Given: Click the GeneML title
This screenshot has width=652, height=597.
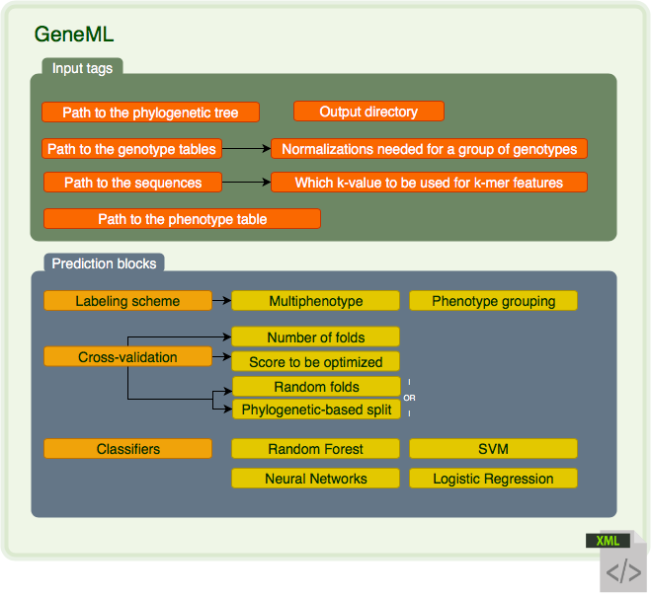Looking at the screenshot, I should (74, 35).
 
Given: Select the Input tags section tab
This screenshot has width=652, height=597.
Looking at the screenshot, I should (82, 68).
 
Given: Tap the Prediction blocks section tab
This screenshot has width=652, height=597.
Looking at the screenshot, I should (103, 263).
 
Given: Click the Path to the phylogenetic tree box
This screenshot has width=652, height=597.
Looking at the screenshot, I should (150, 112).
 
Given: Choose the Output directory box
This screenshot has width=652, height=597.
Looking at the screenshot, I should (368, 112).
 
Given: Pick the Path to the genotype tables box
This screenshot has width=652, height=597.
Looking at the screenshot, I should (131, 149).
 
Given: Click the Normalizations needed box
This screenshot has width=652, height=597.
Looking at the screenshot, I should (430, 149).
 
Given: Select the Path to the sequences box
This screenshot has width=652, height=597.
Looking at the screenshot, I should (132, 183).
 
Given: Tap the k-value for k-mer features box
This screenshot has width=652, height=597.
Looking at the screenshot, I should (429, 183).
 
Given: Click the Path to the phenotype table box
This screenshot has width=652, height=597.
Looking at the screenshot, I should (182, 219).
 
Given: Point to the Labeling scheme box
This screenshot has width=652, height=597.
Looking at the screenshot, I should (127, 301).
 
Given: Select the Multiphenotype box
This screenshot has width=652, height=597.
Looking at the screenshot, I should (316, 301).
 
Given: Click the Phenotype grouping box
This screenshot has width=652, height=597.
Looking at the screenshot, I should (493, 301).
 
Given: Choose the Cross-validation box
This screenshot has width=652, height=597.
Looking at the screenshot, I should (127, 357).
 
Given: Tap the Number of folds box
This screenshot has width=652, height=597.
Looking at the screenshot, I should (316, 337).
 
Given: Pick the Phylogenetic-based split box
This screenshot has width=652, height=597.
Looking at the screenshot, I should (316, 410).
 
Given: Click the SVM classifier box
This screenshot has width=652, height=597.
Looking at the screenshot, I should (493, 449).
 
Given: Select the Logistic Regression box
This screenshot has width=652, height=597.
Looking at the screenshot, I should (493, 479).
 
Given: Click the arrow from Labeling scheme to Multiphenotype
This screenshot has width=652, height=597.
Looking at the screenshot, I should (221, 301).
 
